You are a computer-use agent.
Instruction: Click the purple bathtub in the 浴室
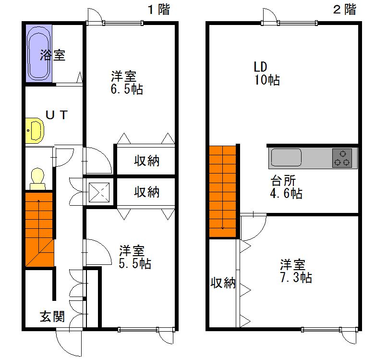39,53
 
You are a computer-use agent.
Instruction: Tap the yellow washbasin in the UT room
35,131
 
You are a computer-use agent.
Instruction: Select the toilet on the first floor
37,179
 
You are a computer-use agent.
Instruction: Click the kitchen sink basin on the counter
286,158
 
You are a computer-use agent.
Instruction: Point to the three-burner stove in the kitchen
342,158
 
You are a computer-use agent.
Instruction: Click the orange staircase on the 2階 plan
223,191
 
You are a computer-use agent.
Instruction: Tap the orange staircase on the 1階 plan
39,229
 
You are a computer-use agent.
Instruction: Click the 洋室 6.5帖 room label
127,83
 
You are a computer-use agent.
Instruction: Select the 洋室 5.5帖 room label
135,257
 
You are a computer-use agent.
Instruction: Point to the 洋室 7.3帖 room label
296,271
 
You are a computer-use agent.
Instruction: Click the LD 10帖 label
266,73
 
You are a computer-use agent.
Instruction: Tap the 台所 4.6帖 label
286,187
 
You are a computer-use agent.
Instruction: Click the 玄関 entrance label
52,316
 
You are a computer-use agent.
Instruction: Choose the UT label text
57,115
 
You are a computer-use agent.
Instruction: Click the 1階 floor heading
159,10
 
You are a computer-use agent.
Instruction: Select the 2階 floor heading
345,10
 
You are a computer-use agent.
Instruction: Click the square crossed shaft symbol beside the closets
99,192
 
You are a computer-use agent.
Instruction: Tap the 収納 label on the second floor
223,283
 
